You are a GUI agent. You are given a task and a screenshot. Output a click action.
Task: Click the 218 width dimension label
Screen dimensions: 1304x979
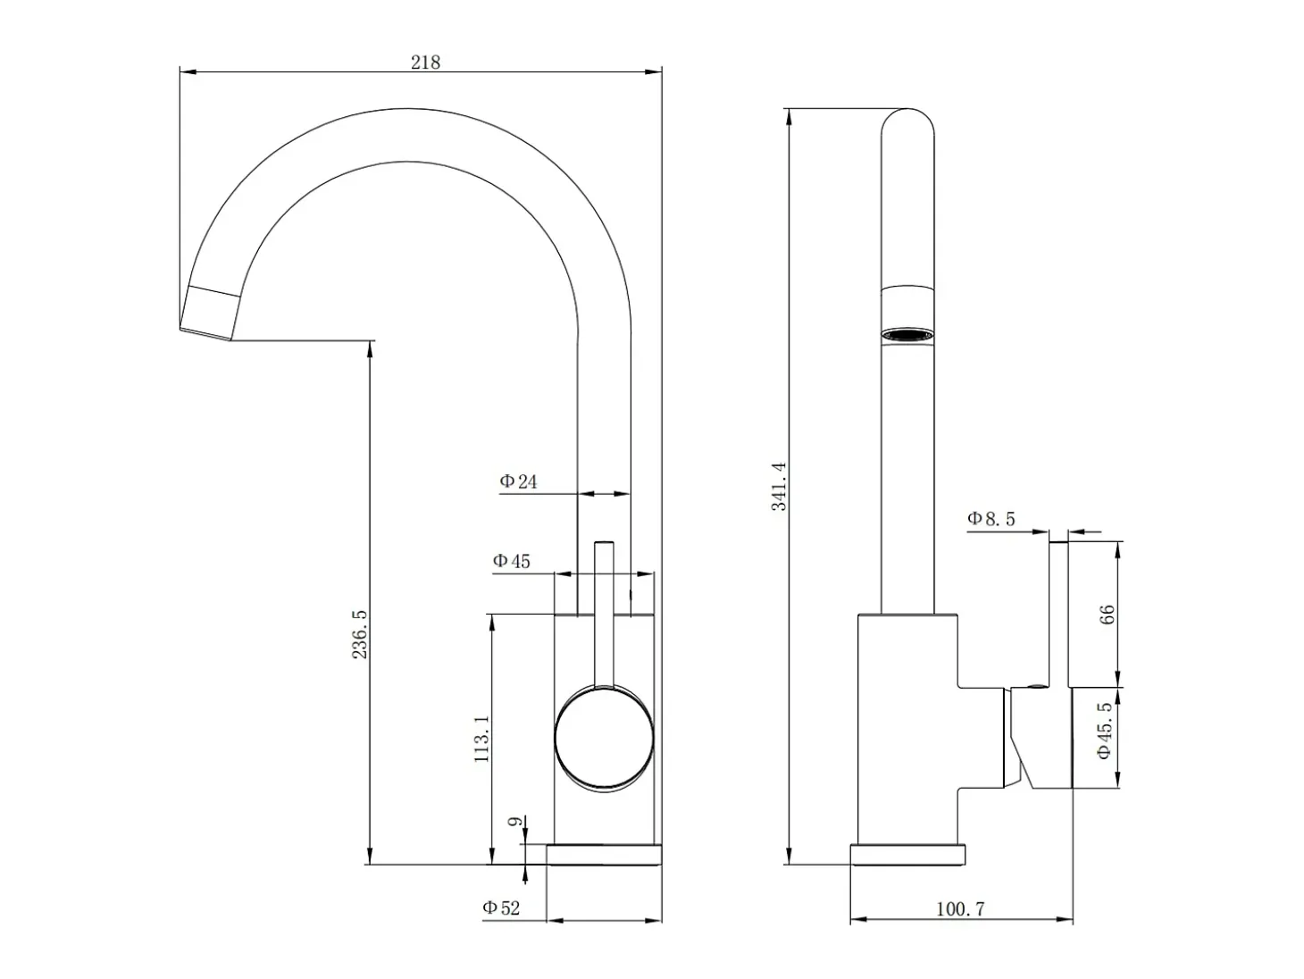(425, 63)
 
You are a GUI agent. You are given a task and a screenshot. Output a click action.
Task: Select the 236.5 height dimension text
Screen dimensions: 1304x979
(360, 634)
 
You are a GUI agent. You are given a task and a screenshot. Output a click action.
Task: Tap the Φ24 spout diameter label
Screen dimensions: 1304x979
(518, 481)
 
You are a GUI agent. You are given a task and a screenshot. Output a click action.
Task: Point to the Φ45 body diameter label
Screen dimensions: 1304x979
(511, 561)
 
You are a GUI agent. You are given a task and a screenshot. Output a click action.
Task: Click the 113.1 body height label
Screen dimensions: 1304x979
(481, 739)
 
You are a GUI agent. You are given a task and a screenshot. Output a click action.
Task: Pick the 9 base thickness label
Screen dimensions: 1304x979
(515, 822)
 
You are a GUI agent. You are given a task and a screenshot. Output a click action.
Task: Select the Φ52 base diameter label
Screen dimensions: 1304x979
(501, 908)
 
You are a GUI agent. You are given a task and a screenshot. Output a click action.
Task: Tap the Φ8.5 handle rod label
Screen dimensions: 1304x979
(991, 519)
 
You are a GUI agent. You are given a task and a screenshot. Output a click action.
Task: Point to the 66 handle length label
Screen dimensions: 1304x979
(1108, 615)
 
